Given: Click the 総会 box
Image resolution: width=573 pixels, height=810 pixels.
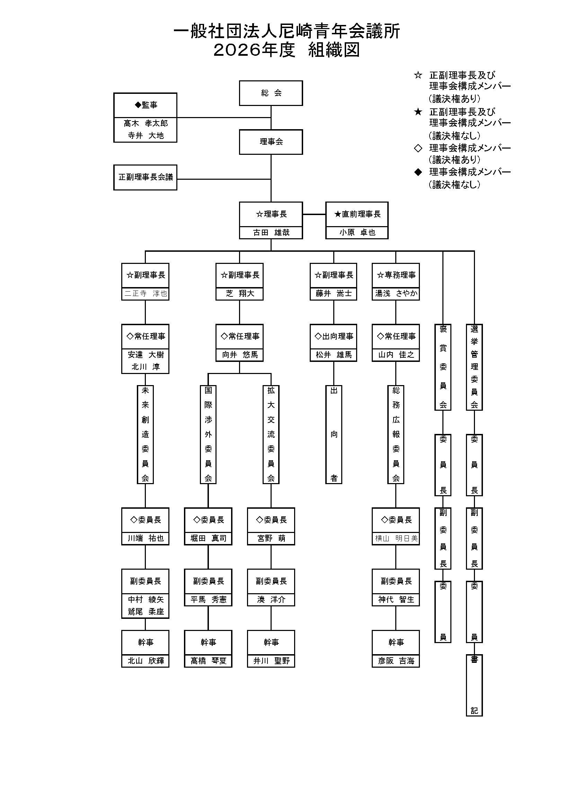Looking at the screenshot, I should [x=271, y=93].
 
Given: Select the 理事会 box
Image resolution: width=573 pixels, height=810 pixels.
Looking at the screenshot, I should [x=271, y=142].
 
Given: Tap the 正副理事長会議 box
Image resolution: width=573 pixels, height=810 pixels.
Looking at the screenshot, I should [x=145, y=177].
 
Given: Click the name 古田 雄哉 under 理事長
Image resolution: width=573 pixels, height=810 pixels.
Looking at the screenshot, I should [x=271, y=232].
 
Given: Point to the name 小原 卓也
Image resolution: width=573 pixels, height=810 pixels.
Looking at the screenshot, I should [x=357, y=232].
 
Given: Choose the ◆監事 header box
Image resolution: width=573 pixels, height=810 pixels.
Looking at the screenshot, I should [x=145, y=105].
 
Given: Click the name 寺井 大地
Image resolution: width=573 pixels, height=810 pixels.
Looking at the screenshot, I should [x=146, y=135].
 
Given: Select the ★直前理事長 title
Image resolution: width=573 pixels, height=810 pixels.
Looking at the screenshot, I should [x=357, y=214].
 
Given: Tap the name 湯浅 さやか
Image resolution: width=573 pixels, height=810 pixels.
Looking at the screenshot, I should [x=396, y=294].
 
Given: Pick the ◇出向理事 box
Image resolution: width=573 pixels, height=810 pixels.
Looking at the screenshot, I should [x=333, y=336].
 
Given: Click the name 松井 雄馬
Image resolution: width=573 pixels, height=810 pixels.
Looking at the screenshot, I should [x=333, y=355].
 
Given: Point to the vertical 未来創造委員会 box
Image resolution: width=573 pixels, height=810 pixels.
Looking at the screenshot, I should [x=145, y=434].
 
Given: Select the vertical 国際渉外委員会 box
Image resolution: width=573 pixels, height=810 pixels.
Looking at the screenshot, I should [x=208, y=434].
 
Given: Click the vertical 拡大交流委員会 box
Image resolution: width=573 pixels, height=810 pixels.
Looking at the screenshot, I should [x=271, y=434].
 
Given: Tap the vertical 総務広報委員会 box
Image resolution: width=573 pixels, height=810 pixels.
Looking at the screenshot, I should [x=396, y=434].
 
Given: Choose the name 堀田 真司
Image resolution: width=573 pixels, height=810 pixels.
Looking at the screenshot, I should [x=208, y=538].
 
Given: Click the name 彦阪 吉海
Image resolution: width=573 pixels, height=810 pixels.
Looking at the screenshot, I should [x=396, y=661].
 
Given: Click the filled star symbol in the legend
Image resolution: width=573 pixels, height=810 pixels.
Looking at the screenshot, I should [x=418, y=112].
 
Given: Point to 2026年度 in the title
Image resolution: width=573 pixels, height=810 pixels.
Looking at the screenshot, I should [x=254, y=50].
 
